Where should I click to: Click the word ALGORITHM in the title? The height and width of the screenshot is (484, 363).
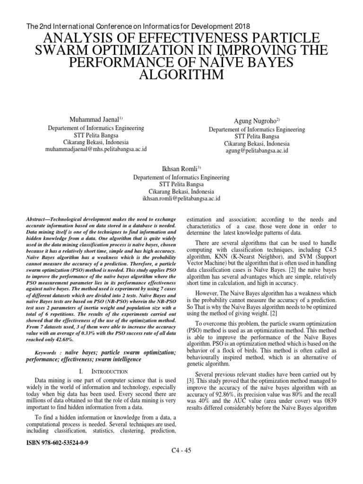click(181, 76)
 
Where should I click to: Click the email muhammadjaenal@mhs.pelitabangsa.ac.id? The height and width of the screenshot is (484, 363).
click(96, 149)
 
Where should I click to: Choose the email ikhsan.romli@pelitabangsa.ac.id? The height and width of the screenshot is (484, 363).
click(181, 199)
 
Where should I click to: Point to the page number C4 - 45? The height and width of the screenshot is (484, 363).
click(181, 451)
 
